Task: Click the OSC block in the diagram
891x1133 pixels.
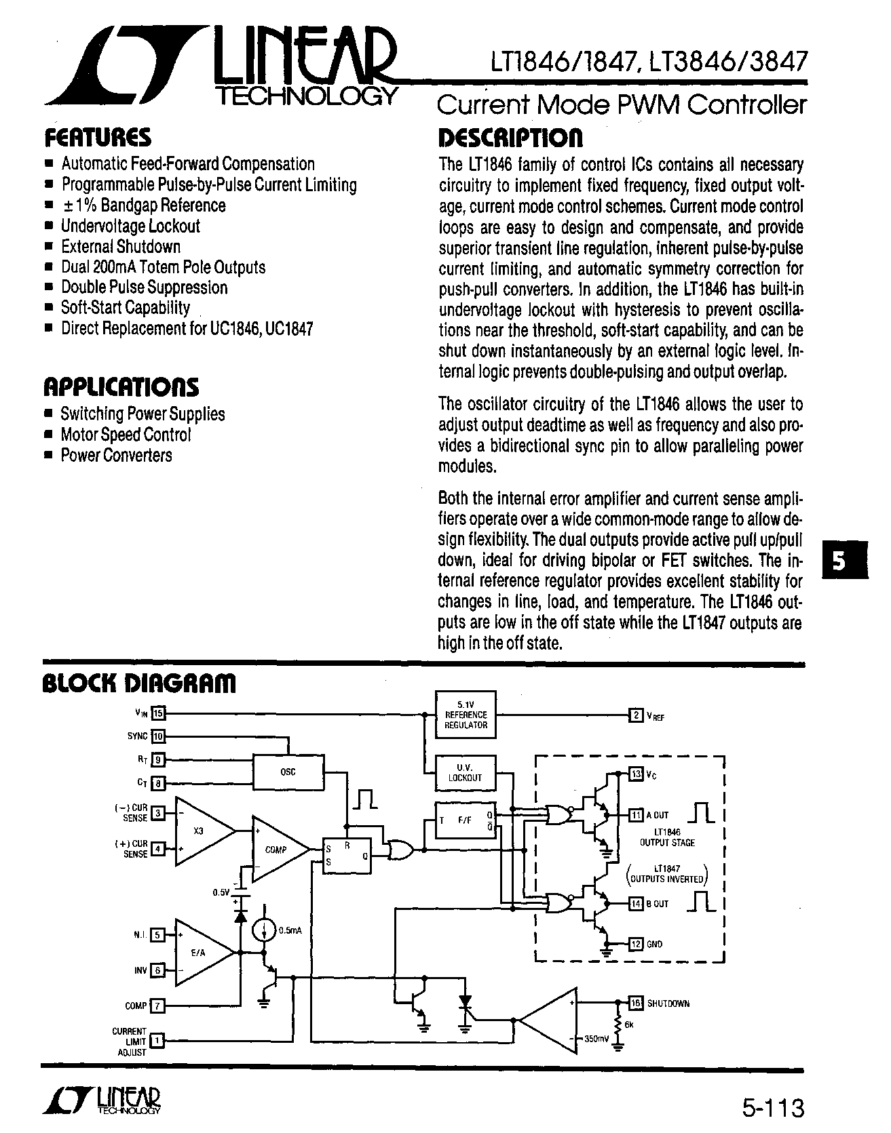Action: (288, 772)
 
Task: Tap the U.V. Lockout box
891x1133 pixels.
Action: (466, 773)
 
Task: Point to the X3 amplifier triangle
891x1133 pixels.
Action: (204, 831)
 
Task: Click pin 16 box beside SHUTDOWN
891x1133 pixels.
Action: (636, 1003)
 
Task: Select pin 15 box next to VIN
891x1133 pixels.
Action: (158, 713)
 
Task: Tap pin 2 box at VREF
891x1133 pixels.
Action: (636, 715)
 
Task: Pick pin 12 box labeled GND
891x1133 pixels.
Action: (636, 944)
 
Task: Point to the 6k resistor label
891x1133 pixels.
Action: (629, 1025)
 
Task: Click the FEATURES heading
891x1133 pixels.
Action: (98, 138)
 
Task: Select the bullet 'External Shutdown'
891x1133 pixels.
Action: (121, 247)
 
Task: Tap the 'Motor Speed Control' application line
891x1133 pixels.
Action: (126, 435)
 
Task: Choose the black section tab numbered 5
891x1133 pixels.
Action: (843, 559)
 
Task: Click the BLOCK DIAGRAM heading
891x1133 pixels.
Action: (139, 683)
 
